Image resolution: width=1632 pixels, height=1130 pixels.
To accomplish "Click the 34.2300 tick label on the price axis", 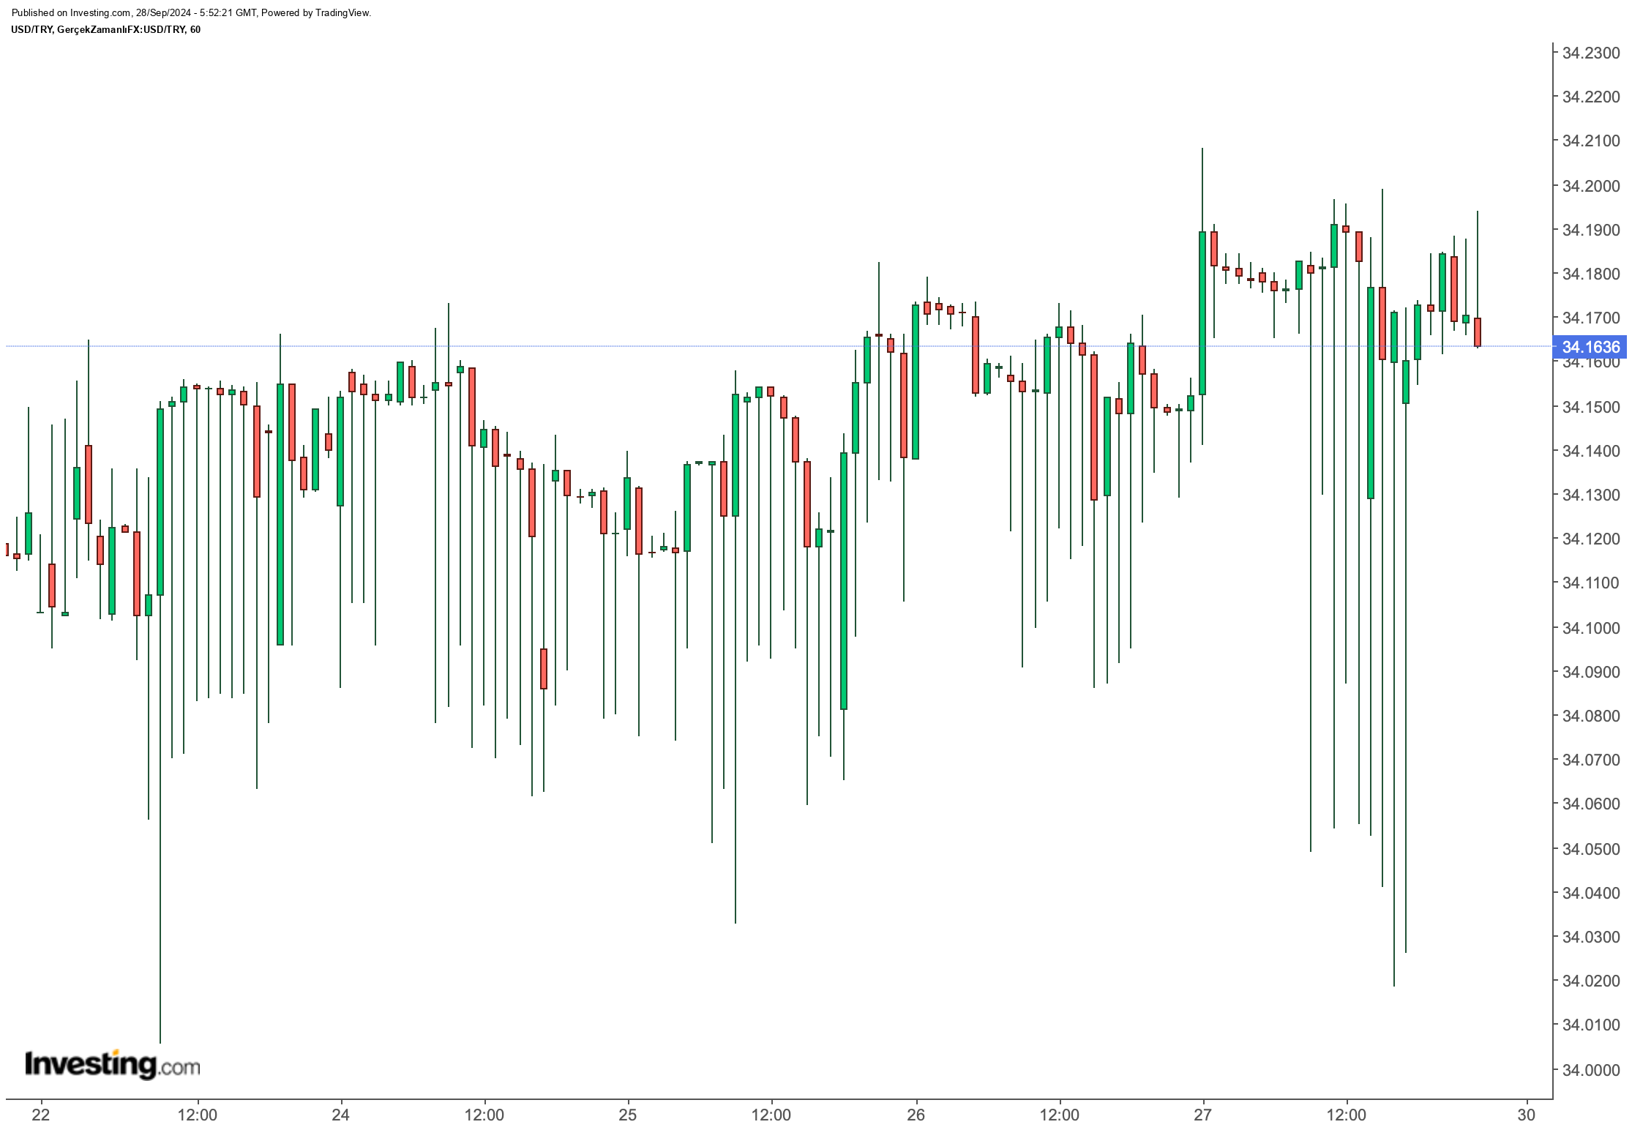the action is pos(1590,53).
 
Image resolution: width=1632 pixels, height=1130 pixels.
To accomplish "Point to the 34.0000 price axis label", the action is pos(1590,1069).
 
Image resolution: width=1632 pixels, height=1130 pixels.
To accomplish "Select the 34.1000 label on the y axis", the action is pos(1590,628).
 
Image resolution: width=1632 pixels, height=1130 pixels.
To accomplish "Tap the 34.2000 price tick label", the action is pos(1590,186).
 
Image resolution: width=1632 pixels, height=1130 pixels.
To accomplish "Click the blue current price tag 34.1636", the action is pos(1590,346).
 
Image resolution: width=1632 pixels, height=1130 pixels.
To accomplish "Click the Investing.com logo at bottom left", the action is pos(112,1064).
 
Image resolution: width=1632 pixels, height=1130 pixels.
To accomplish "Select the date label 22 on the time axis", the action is pos(41,1115).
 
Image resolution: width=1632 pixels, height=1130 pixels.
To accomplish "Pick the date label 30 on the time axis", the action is pos(1526,1115).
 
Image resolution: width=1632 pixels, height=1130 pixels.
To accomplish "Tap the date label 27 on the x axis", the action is pos(1203,1115).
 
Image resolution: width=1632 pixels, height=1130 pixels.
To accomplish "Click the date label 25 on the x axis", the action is pos(628,1115).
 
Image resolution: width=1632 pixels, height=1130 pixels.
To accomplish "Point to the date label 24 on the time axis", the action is pos(341,1115).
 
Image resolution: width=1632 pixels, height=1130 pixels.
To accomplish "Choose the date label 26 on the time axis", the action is pos(916,1115).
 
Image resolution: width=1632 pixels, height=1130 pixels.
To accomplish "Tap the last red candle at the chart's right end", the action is pos(1478,332).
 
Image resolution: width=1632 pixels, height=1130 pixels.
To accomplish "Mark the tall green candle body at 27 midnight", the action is pos(1202,313).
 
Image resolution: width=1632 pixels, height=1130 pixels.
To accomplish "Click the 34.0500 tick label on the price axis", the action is pos(1590,849).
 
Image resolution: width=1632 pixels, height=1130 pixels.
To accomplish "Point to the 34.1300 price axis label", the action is pos(1590,495).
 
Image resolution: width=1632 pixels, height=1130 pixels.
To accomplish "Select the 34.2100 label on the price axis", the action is pos(1590,141).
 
